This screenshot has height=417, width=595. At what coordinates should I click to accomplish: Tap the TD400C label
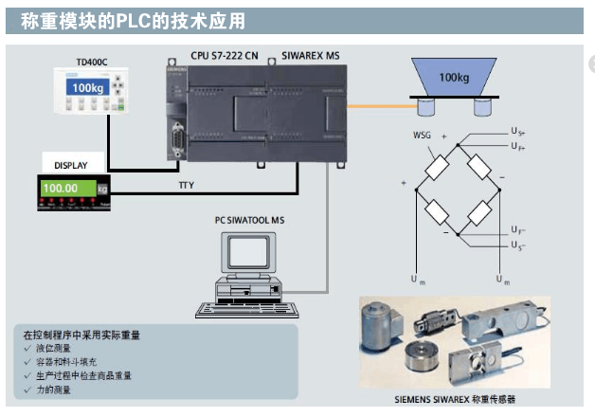click(91, 62)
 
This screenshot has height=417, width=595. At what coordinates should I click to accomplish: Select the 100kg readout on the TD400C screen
click(87, 88)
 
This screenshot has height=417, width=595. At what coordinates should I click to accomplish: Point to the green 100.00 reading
click(60, 188)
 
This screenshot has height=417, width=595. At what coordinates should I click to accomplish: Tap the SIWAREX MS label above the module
click(310, 57)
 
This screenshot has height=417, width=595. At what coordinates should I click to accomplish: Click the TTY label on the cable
click(187, 185)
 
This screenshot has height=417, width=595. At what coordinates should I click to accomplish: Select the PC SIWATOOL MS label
click(250, 220)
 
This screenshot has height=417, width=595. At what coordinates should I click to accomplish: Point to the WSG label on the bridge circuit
click(422, 135)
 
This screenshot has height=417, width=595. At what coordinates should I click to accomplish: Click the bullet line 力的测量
click(55, 389)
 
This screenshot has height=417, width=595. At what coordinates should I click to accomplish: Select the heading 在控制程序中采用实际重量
click(84, 335)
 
